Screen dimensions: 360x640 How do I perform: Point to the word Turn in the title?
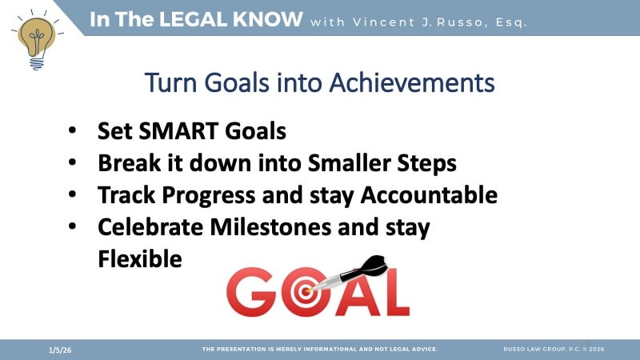tap(169, 82)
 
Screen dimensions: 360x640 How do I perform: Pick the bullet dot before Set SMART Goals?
tap(73, 131)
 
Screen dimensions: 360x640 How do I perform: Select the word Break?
tap(127, 162)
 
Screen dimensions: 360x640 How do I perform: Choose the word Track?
tap(125, 194)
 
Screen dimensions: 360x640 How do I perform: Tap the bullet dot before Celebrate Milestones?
tap(73, 227)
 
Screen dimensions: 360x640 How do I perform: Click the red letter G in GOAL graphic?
tap(250, 292)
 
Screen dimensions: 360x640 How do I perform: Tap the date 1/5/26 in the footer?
tap(57, 350)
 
